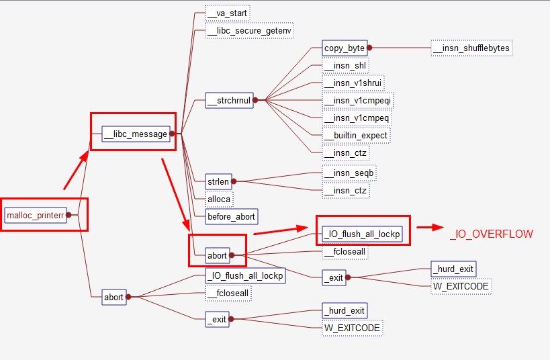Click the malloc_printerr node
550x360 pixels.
(x=36, y=215)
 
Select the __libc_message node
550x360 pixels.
(x=134, y=134)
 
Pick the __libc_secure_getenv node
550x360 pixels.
(x=250, y=30)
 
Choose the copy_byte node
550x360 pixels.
(x=344, y=48)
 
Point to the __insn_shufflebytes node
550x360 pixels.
(x=472, y=48)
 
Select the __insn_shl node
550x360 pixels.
(x=345, y=66)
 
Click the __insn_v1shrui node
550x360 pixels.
(x=353, y=83)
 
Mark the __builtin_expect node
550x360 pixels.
(x=356, y=136)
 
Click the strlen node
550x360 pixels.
(x=218, y=181)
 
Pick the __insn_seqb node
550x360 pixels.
(x=349, y=173)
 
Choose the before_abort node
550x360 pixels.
(x=231, y=216)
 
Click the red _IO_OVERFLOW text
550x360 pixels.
(x=492, y=234)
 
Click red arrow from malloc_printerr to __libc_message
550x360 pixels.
(x=76, y=171)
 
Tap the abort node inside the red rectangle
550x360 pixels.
(x=217, y=255)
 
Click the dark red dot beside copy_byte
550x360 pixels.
(x=369, y=48)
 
